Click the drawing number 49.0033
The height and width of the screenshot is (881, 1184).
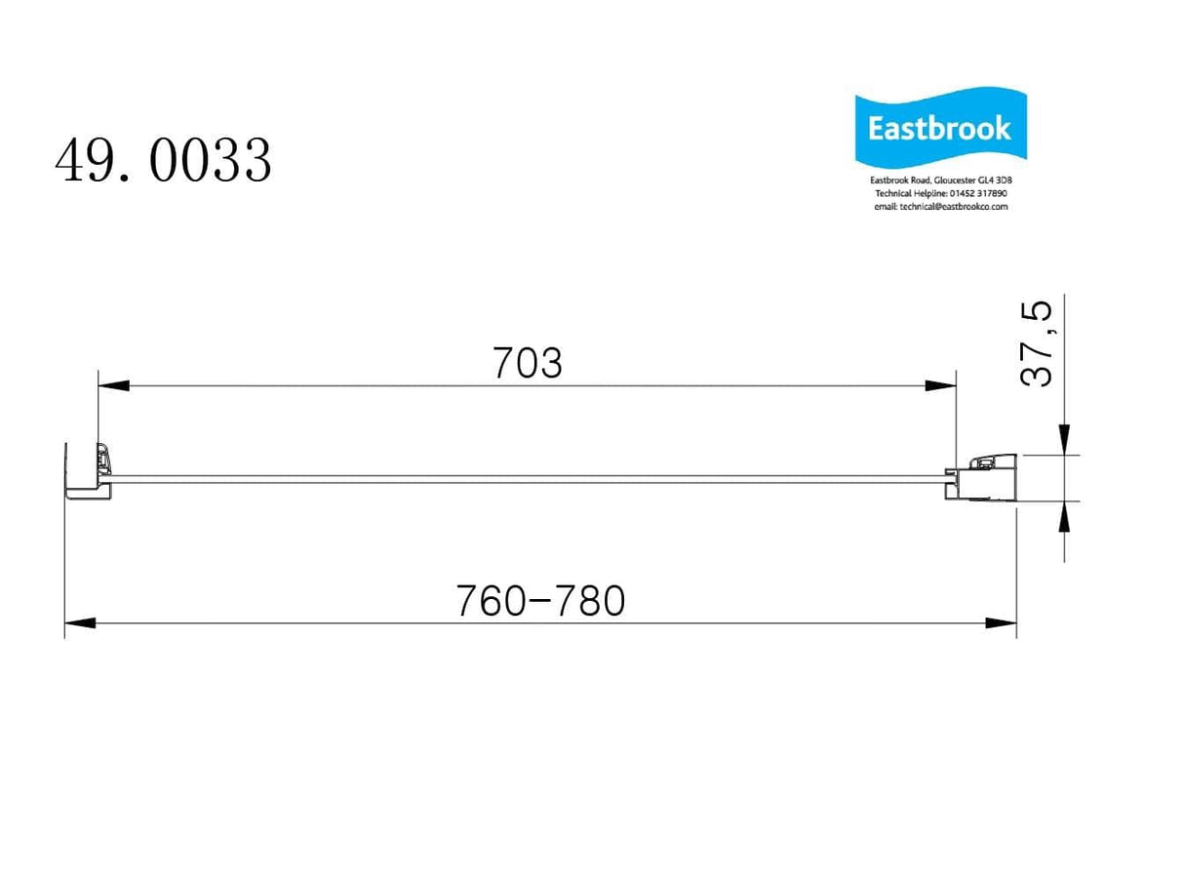point(163,161)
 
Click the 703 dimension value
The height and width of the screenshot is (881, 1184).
point(528,364)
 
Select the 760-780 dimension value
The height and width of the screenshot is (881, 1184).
point(539,602)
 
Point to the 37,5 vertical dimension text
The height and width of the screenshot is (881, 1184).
point(1038,343)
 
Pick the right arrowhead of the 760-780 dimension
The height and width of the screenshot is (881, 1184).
point(1001,622)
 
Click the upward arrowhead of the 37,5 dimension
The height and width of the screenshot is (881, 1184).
point(1064,517)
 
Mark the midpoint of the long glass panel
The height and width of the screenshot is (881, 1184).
point(528,477)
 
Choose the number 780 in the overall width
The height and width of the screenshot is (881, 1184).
point(591,602)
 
